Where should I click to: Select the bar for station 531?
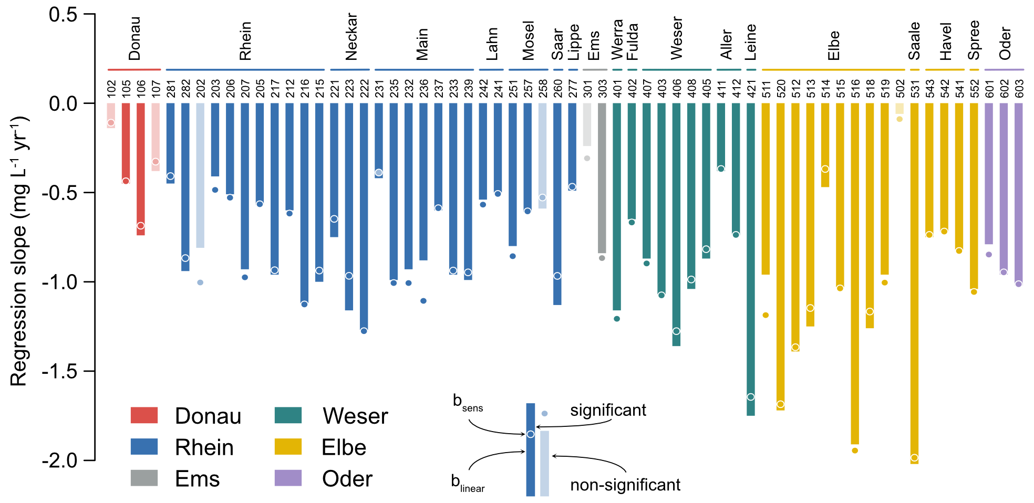(914, 284)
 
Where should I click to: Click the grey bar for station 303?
(602, 178)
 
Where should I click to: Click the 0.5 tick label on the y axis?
(63, 15)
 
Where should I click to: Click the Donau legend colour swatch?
(144, 415)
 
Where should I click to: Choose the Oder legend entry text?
(347, 479)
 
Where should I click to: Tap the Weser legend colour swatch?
(288, 415)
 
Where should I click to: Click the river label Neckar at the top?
(351, 37)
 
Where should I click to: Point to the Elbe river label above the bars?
(833, 46)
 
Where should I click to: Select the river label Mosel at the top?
(528, 40)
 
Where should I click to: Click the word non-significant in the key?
(625, 485)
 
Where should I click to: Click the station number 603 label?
(1019, 88)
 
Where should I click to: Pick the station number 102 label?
(111, 88)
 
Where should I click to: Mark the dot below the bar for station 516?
(855, 450)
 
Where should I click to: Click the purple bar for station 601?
(989, 174)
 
